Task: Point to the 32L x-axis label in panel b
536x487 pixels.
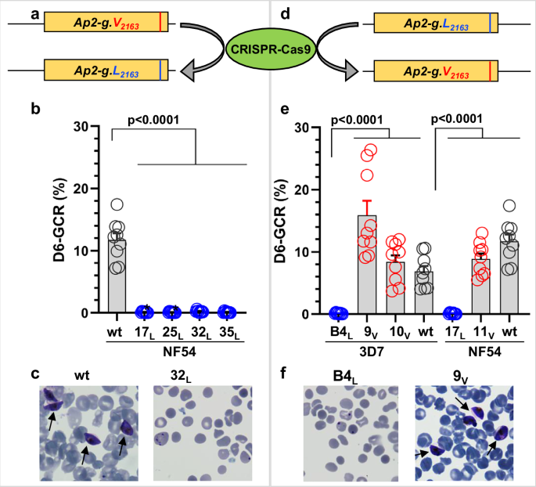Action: [200, 331]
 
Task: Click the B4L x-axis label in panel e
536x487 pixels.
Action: [339, 332]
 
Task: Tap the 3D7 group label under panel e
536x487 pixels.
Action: [382, 348]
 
